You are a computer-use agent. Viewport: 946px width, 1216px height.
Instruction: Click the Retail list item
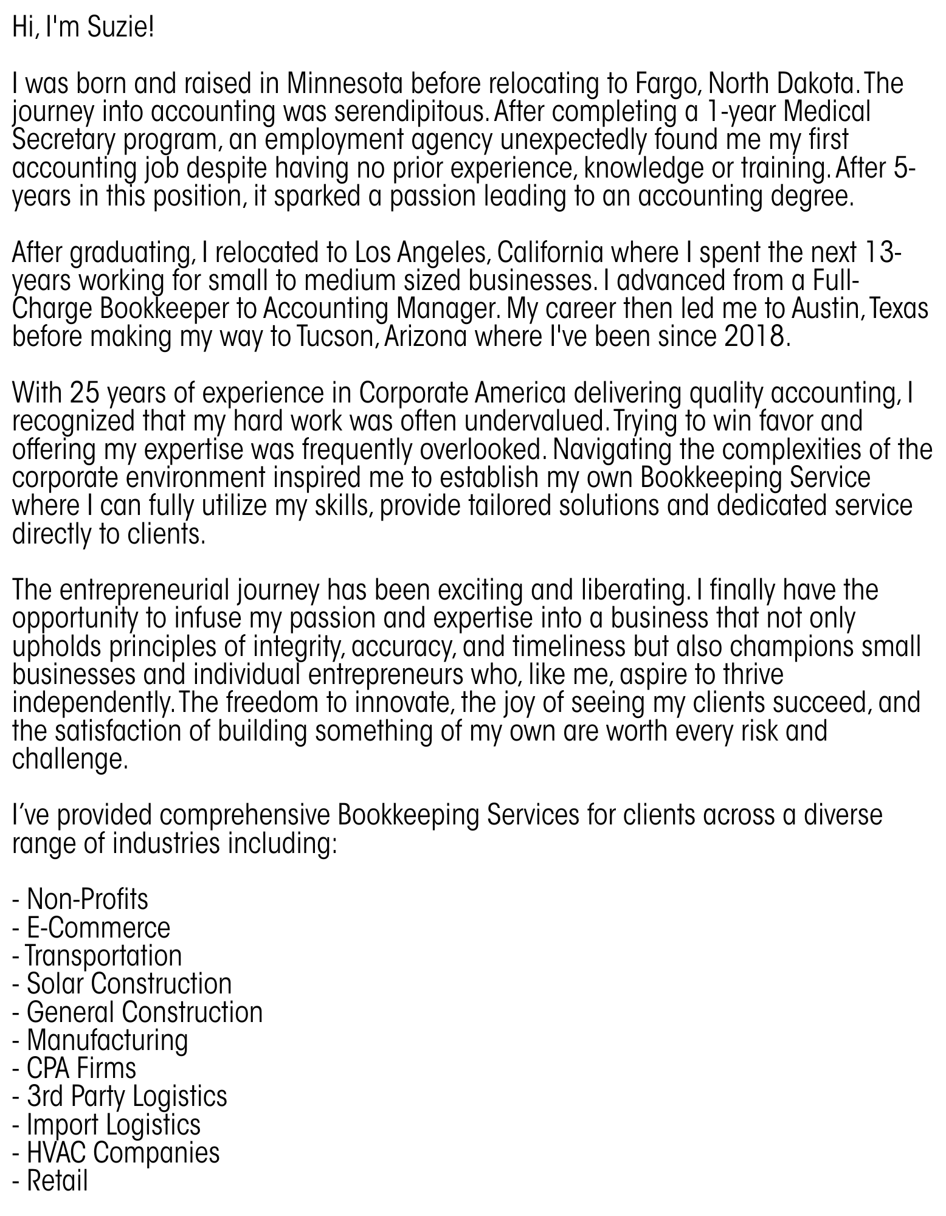point(57,1181)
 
